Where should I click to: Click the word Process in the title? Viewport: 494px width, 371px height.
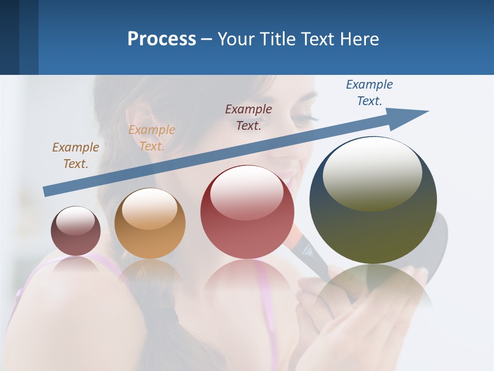tap(162, 39)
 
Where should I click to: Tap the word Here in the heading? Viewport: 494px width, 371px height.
tap(357, 39)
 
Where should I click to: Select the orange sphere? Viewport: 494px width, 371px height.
tap(150, 227)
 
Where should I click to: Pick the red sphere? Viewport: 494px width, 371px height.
tap(248, 216)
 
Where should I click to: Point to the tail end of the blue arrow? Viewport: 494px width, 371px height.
tap(46, 191)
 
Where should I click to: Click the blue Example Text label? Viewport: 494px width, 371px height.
tap(369, 93)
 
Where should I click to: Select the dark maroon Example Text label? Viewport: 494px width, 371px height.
tap(249, 117)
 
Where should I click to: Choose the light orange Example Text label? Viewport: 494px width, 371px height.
tap(152, 138)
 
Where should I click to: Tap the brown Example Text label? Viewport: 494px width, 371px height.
tap(76, 155)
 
